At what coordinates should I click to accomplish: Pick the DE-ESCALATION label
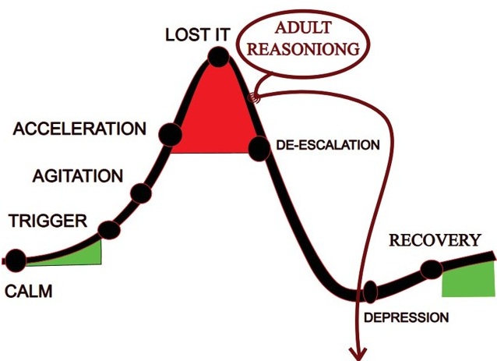click(x=328, y=145)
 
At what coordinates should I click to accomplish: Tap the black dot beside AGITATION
click(x=140, y=192)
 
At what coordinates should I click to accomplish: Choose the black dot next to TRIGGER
click(x=110, y=229)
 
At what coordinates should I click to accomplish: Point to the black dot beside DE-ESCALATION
click(x=259, y=146)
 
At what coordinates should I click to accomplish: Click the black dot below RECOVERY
click(x=432, y=270)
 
